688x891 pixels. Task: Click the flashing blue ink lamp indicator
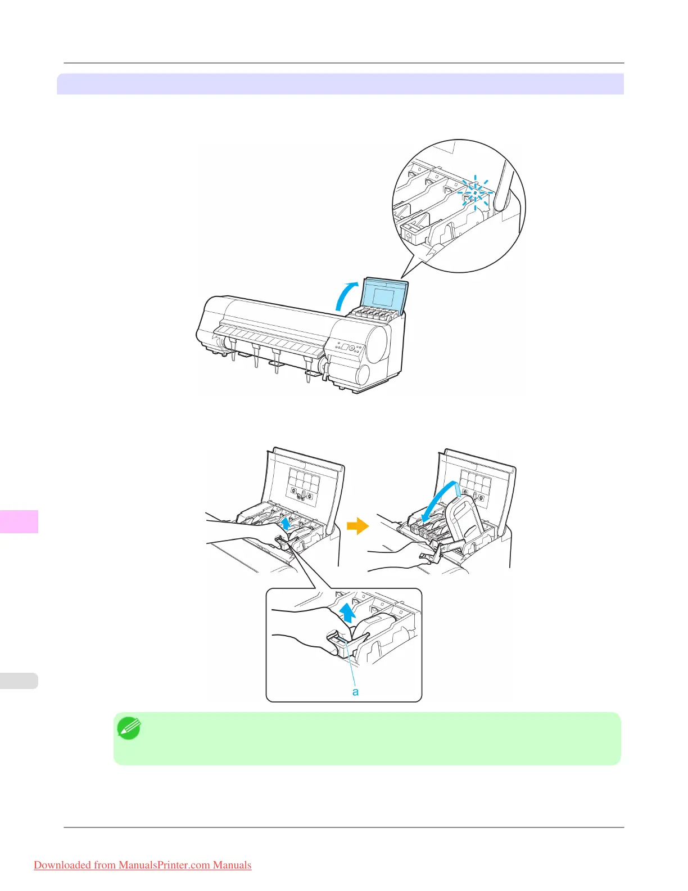coord(475,192)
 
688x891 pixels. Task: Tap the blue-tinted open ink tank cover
coord(384,294)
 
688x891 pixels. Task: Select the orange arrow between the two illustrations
coord(357,526)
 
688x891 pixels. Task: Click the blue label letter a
coord(355,691)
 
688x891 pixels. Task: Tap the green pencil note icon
coord(129,728)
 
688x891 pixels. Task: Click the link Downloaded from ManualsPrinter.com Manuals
coord(142,865)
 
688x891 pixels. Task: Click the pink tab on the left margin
coord(19,521)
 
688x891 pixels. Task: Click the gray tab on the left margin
coord(19,681)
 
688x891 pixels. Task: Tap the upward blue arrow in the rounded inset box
coord(348,611)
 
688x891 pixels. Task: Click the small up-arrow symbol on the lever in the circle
coord(409,236)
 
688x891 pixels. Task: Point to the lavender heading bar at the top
coord(340,84)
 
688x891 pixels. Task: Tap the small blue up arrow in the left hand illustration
coord(286,523)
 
